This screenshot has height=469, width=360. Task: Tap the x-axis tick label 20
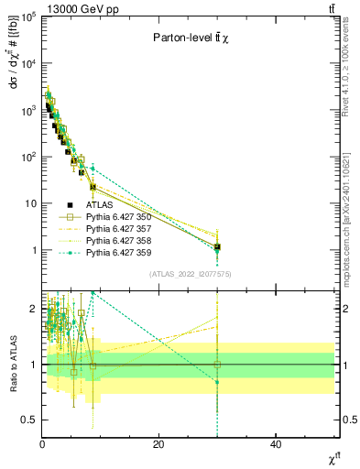point(158,444)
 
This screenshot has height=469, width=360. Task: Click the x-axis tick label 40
point(276,444)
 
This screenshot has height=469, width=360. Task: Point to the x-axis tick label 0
point(42,444)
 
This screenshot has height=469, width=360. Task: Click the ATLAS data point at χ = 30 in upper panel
point(217,247)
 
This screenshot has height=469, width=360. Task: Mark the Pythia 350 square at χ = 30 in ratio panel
point(217,365)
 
